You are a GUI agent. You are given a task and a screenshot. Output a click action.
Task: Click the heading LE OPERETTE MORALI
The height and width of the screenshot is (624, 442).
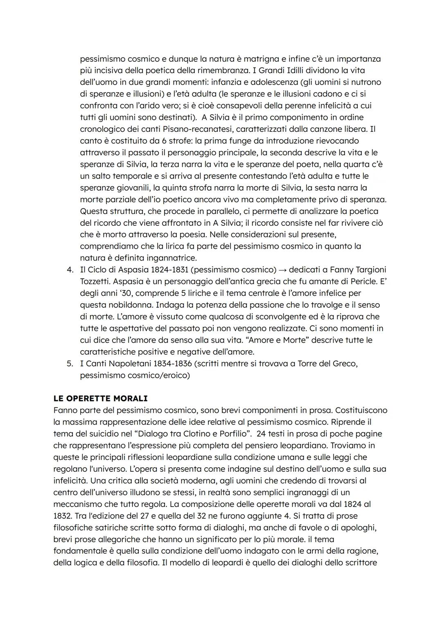coord(100,398)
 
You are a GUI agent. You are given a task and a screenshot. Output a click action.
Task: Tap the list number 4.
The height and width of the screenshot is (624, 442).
coord(70,270)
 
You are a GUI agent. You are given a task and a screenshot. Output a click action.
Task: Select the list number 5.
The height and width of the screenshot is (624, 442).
coord(70,363)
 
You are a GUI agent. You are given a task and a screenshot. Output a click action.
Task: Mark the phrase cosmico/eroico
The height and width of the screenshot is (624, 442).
coord(163,375)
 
